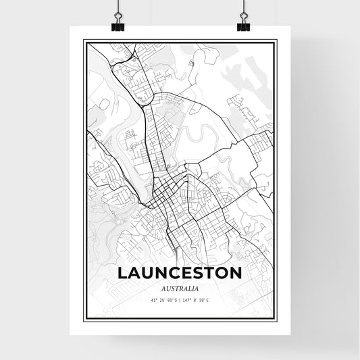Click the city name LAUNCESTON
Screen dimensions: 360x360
click(180, 274)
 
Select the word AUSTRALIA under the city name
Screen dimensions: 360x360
click(180, 289)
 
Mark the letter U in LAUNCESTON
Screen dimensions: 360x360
click(147, 274)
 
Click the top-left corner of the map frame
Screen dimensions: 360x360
click(84, 41)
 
